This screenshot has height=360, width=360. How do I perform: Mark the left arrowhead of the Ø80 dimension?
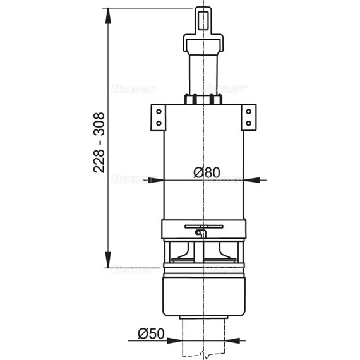click(158, 180)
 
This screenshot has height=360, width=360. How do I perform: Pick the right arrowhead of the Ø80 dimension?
click(249, 180)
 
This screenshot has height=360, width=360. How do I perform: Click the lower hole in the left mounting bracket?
click(159, 122)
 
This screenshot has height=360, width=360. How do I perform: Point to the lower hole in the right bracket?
click(248, 122)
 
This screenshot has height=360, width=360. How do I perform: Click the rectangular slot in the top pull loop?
click(203, 18)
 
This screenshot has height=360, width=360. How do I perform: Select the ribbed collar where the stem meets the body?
click(203, 99)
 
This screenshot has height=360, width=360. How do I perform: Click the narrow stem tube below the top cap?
click(203, 73)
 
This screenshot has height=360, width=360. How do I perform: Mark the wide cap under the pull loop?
click(203, 42)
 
